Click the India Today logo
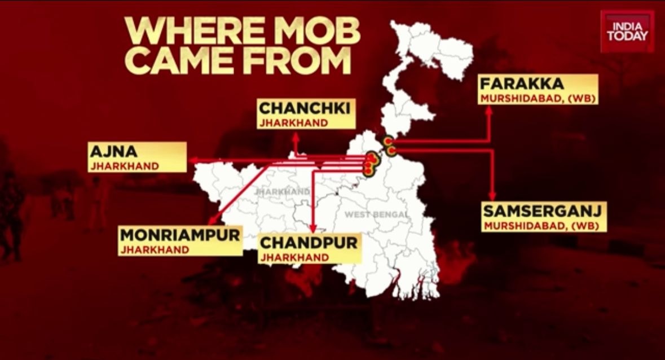pyautogui.click(x=627, y=30)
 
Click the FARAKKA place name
pyautogui.click(x=521, y=85)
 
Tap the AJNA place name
pyautogui.click(x=114, y=152)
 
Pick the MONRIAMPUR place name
pyautogui.click(x=180, y=235)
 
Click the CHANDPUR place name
pyautogui.click(x=308, y=244)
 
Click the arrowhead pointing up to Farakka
pyautogui.click(x=489, y=110)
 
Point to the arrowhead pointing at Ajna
pyautogui.click(x=191, y=161)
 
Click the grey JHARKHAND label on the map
pyautogui.click(x=282, y=192)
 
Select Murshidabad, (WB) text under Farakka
pyautogui.click(x=538, y=98)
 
